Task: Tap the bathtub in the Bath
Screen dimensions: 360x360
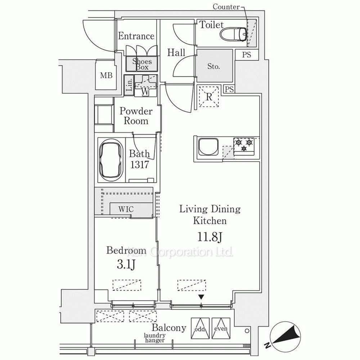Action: (111, 160)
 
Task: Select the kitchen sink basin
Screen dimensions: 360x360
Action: (208, 147)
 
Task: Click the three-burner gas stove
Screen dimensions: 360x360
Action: (244, 146)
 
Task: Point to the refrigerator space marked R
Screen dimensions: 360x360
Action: (209, 96)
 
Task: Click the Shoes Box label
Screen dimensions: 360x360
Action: (142, 64)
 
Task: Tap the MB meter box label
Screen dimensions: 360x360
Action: (106, 75)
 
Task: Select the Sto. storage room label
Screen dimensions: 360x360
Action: (213, 66)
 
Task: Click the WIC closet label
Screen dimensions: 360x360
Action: (126, 209)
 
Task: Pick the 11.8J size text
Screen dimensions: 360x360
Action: (210, 237)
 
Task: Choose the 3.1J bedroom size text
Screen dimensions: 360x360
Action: (126, 265)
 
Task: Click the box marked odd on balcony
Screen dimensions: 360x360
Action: (200, 328)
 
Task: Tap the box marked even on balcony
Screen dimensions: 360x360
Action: (221, 328)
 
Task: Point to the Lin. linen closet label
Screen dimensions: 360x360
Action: (130, 85)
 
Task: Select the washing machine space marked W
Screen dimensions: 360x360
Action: (145, 85)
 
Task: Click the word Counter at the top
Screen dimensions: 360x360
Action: (226, 7)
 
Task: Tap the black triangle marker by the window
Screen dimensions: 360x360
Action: (201, 297)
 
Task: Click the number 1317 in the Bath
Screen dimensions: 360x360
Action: (140, 165)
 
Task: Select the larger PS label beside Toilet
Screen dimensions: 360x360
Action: (247, 55)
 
